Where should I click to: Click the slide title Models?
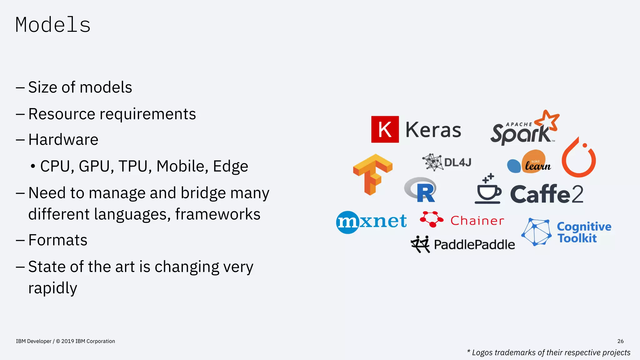pos(53,25)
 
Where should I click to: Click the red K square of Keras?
pos(385,129)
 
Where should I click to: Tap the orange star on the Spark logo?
pos(547,120)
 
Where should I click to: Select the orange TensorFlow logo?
pos(372,174)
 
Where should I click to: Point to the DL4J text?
pos(457,162)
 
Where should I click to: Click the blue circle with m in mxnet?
pos(347,222)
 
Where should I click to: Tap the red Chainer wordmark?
pos(477,221)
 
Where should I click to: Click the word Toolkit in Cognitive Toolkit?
pos(577,238)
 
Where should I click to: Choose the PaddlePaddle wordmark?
pos(474,245)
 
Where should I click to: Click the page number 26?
pos(620,341)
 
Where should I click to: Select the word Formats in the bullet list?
pos(58,240)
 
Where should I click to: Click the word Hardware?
pos(63,140)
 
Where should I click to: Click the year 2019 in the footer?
pos(67,341)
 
